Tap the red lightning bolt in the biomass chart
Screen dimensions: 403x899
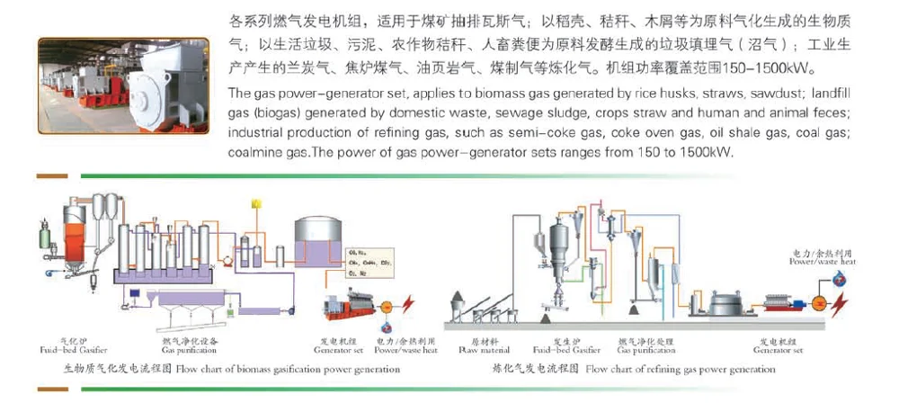point(412,303)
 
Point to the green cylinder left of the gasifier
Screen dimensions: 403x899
point(41,236)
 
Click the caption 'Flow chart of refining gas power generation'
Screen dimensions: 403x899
point(668,369)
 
